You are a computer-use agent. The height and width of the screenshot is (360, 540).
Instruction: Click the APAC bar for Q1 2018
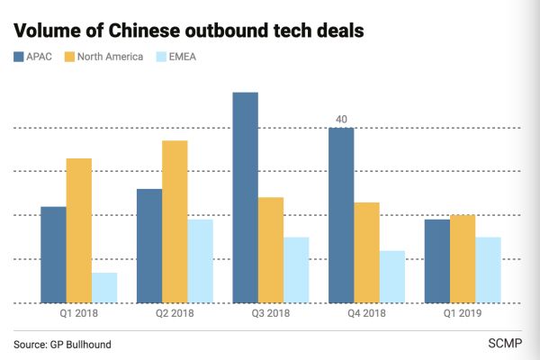[x=53, y=255]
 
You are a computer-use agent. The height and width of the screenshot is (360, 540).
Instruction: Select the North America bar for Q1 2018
[x=78, y=230]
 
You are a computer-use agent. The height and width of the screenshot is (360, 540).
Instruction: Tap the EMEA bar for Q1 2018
[x=104, y=287]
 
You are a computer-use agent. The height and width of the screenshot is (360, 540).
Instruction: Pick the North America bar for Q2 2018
[x=175, y=221]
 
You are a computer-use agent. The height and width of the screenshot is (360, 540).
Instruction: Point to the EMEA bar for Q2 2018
[x=201, y=261]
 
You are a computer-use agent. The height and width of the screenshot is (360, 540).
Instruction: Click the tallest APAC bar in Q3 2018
[x=246, y=197]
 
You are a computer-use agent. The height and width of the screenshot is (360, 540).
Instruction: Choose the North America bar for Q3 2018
[x=271, y=249]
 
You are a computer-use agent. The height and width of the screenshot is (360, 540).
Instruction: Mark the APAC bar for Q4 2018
[x=341, y=215]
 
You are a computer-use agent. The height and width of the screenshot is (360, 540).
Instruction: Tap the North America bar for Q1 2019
[x=463, y=258]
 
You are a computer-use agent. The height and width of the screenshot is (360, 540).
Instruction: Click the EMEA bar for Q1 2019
[x=488, y=269]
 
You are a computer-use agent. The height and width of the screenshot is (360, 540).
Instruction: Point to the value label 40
[x=341, y=119]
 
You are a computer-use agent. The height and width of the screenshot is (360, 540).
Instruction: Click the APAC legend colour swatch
[x=20, y=57]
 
